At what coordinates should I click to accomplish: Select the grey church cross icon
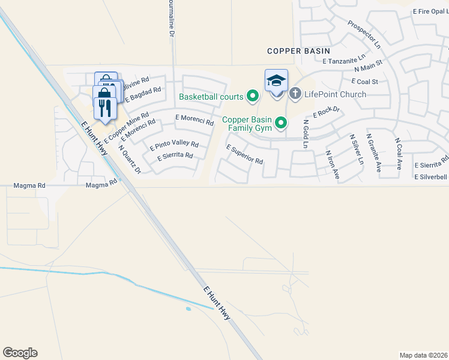coord(295,94)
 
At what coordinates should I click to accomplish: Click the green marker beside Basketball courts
coord(253,96)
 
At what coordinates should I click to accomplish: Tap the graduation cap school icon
coord(276,80)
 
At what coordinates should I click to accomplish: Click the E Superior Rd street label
coord(245,154)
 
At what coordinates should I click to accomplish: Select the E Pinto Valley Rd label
coord(174,145)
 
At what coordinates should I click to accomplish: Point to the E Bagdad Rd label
coord(143,94)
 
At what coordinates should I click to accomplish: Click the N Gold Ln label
coord(306,134)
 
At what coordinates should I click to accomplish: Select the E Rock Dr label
coord(327,112)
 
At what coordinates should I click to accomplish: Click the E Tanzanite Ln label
coord(343,60)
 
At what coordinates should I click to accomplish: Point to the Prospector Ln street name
coord(364,35)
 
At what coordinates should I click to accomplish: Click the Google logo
coord(20,353)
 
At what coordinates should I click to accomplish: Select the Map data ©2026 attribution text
coord(423,355)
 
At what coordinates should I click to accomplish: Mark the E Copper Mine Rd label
coord(126,127)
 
